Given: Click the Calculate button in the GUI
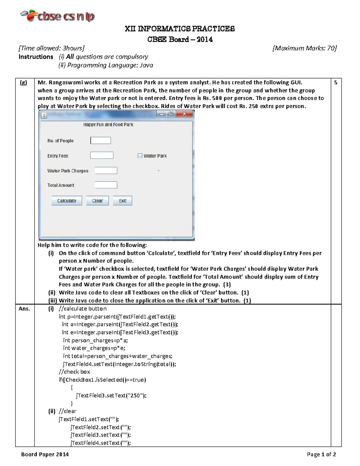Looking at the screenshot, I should click(67, 201).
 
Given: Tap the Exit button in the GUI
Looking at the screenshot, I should click(122, 201).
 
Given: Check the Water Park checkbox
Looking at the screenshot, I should click(140, 156).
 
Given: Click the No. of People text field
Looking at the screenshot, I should click(100, 140).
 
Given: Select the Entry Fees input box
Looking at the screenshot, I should click(102, 155).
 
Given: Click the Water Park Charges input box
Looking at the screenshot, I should click(106, 171).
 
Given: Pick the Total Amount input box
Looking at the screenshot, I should click(106, 185).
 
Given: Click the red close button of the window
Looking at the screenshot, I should click(184, 114).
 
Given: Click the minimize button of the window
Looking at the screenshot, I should click(162, 114).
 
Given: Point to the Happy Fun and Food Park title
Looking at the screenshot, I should click(108, 125).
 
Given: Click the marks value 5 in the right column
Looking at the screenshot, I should click(336, 83).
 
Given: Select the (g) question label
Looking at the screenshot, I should click(23, 83).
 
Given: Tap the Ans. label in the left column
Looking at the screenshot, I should click(24, 308).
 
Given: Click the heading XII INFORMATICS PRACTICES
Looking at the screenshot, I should click(180, 29).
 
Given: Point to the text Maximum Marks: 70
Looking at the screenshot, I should click(304, 48).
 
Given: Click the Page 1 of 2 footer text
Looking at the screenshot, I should click(321, 454).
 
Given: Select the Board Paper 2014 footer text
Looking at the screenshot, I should click(45, 454).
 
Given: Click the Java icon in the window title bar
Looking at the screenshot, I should click(44, 116).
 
